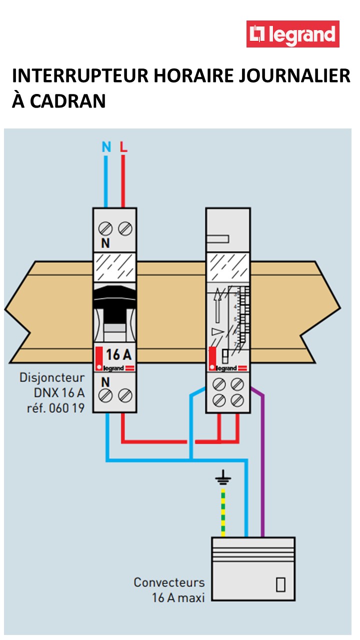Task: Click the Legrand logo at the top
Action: (x=292, y=34)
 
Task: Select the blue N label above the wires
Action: (x=106, y=147)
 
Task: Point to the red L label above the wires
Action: (x=123, y=147)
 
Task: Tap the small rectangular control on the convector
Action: (x=280, y=584)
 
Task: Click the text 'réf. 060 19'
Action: (x=55, y=408)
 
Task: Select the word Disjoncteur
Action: (x=52, y=377)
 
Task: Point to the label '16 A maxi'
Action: (x=178, y=597)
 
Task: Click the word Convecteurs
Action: (x=169, y=582)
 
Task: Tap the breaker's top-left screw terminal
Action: (x=105, y=229)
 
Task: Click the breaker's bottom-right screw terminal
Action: (x=124, y=395)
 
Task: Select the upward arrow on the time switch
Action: (x=217, y=305)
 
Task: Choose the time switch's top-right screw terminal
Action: (x=237, y=384)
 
